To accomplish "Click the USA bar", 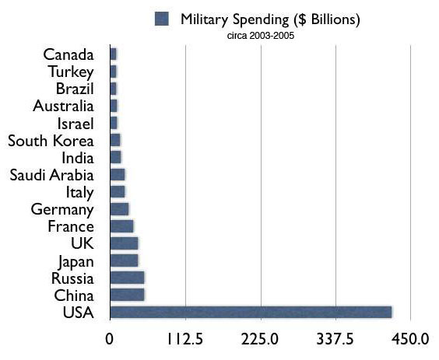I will (250, 313).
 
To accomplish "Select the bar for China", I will (127, 295).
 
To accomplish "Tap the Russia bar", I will (127, 278).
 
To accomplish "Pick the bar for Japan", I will (124, 260).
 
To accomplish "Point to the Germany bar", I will (119, 209).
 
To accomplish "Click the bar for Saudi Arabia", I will (117, 175).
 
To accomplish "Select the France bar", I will (121, 226).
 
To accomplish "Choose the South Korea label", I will (51, 141).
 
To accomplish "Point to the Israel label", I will (75, 124).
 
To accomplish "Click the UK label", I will (82, 243).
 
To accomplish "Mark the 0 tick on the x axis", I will (110, 340).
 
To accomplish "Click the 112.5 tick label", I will (184, 340).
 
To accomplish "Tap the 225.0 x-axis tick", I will (260, 340).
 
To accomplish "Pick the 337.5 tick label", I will (335, 340).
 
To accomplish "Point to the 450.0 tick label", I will (409, 340).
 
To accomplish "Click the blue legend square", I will (163, 18).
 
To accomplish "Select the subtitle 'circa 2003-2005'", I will (259, 34).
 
